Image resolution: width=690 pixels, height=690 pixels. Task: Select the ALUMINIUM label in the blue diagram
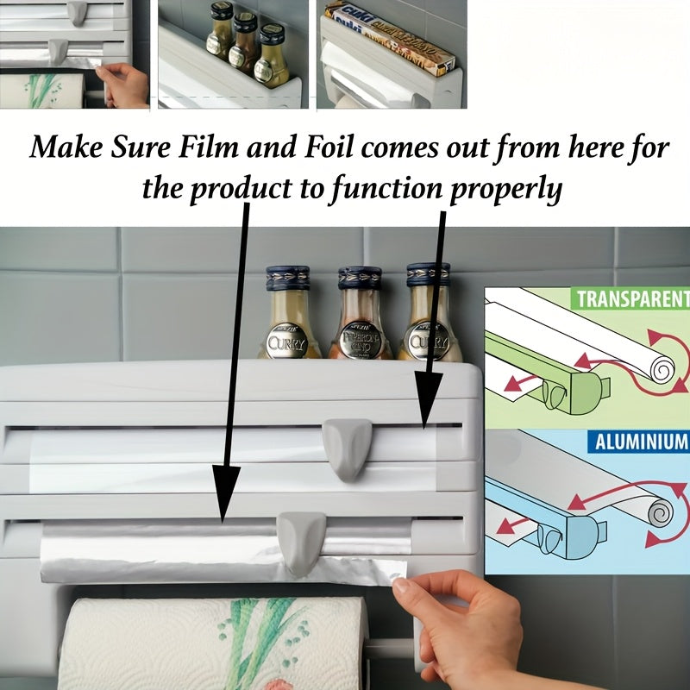tap(639, 442)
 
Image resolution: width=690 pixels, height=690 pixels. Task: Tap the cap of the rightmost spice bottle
tap(429, 275)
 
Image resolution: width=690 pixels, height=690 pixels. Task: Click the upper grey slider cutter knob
tap(347, 446)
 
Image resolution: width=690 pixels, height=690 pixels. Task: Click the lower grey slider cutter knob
tap(302, 540)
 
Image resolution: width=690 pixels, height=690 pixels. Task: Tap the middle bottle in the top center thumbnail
tap(246, 47)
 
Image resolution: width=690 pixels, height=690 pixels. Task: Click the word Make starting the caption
tap(66, 147)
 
